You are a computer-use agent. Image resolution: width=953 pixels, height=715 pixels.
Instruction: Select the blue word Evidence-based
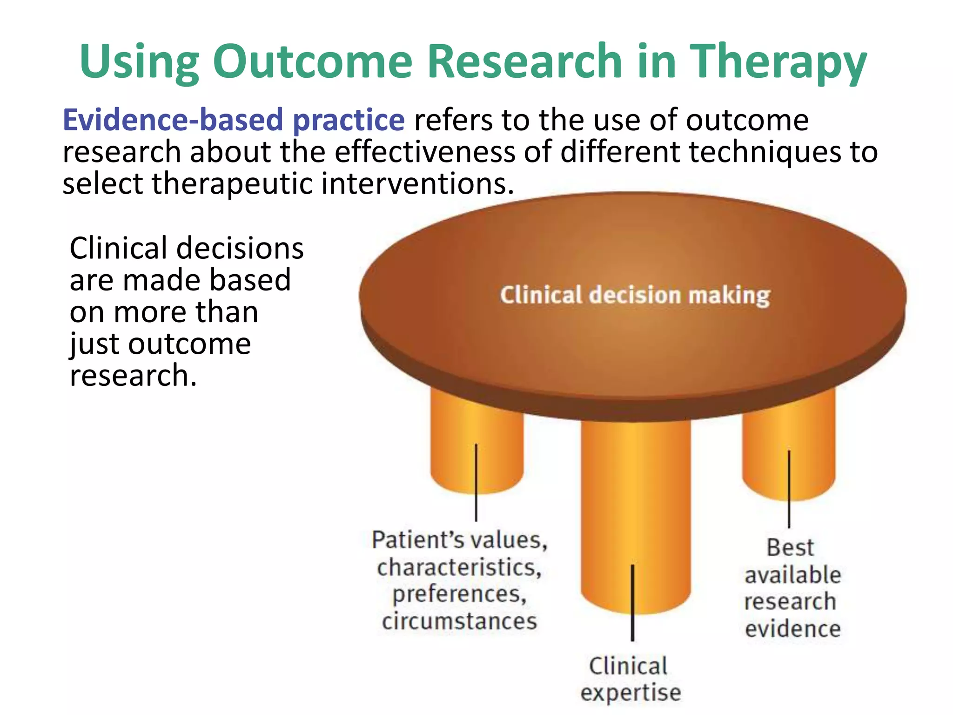click(x=173, y=120)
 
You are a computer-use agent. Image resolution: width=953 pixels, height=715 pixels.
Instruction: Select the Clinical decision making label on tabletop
click(x=635, y=295)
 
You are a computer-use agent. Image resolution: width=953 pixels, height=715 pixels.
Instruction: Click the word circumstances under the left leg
click(x=459, y=621)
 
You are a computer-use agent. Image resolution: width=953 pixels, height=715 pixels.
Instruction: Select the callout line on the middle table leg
click(x=632, y=603)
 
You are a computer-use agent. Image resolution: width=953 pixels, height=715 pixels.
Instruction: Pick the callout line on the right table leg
click(x=789, y=489)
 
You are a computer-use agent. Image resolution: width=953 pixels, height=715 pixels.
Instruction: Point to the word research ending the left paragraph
click(x=133, y=376)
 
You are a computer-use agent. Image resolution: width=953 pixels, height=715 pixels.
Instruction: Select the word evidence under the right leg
click(x=792, y=628)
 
